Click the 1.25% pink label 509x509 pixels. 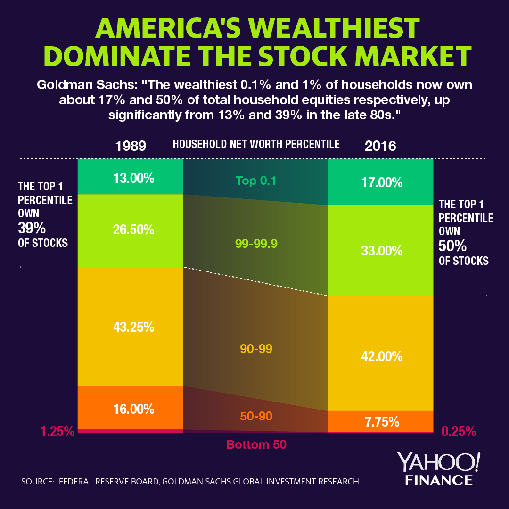pos(57,431)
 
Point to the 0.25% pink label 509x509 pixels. pos(459,431)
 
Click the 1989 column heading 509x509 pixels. pos(131,146)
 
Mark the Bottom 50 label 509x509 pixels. pos(256,444)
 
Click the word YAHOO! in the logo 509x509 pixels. pos(439,463)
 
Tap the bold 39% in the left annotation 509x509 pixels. pos(32,229)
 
